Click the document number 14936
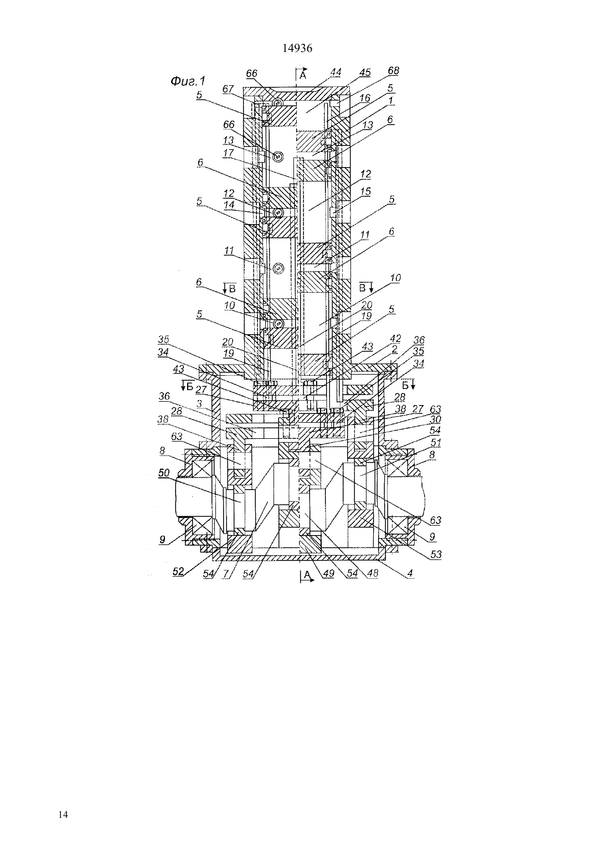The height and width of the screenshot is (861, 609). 297,49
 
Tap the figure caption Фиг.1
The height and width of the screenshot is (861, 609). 188,81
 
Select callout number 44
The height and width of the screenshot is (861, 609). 336,72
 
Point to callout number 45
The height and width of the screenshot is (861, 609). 365,72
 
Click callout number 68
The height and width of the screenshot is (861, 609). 394,71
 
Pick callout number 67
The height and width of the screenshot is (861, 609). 228,89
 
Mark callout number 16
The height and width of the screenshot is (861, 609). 364,98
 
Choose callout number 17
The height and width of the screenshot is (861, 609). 228,153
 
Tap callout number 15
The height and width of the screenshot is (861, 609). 365,191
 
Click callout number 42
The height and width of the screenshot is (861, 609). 395,338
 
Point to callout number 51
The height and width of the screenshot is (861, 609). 436,443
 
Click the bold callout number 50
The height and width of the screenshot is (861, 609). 164,473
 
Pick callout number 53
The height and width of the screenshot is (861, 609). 436,554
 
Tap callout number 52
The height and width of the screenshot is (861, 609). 178,571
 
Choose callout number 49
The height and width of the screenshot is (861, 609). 329,573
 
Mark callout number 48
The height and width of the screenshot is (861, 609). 373,573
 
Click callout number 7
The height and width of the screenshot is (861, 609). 226,573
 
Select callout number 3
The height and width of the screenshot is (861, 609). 199,403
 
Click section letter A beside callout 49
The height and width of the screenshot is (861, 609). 307,574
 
